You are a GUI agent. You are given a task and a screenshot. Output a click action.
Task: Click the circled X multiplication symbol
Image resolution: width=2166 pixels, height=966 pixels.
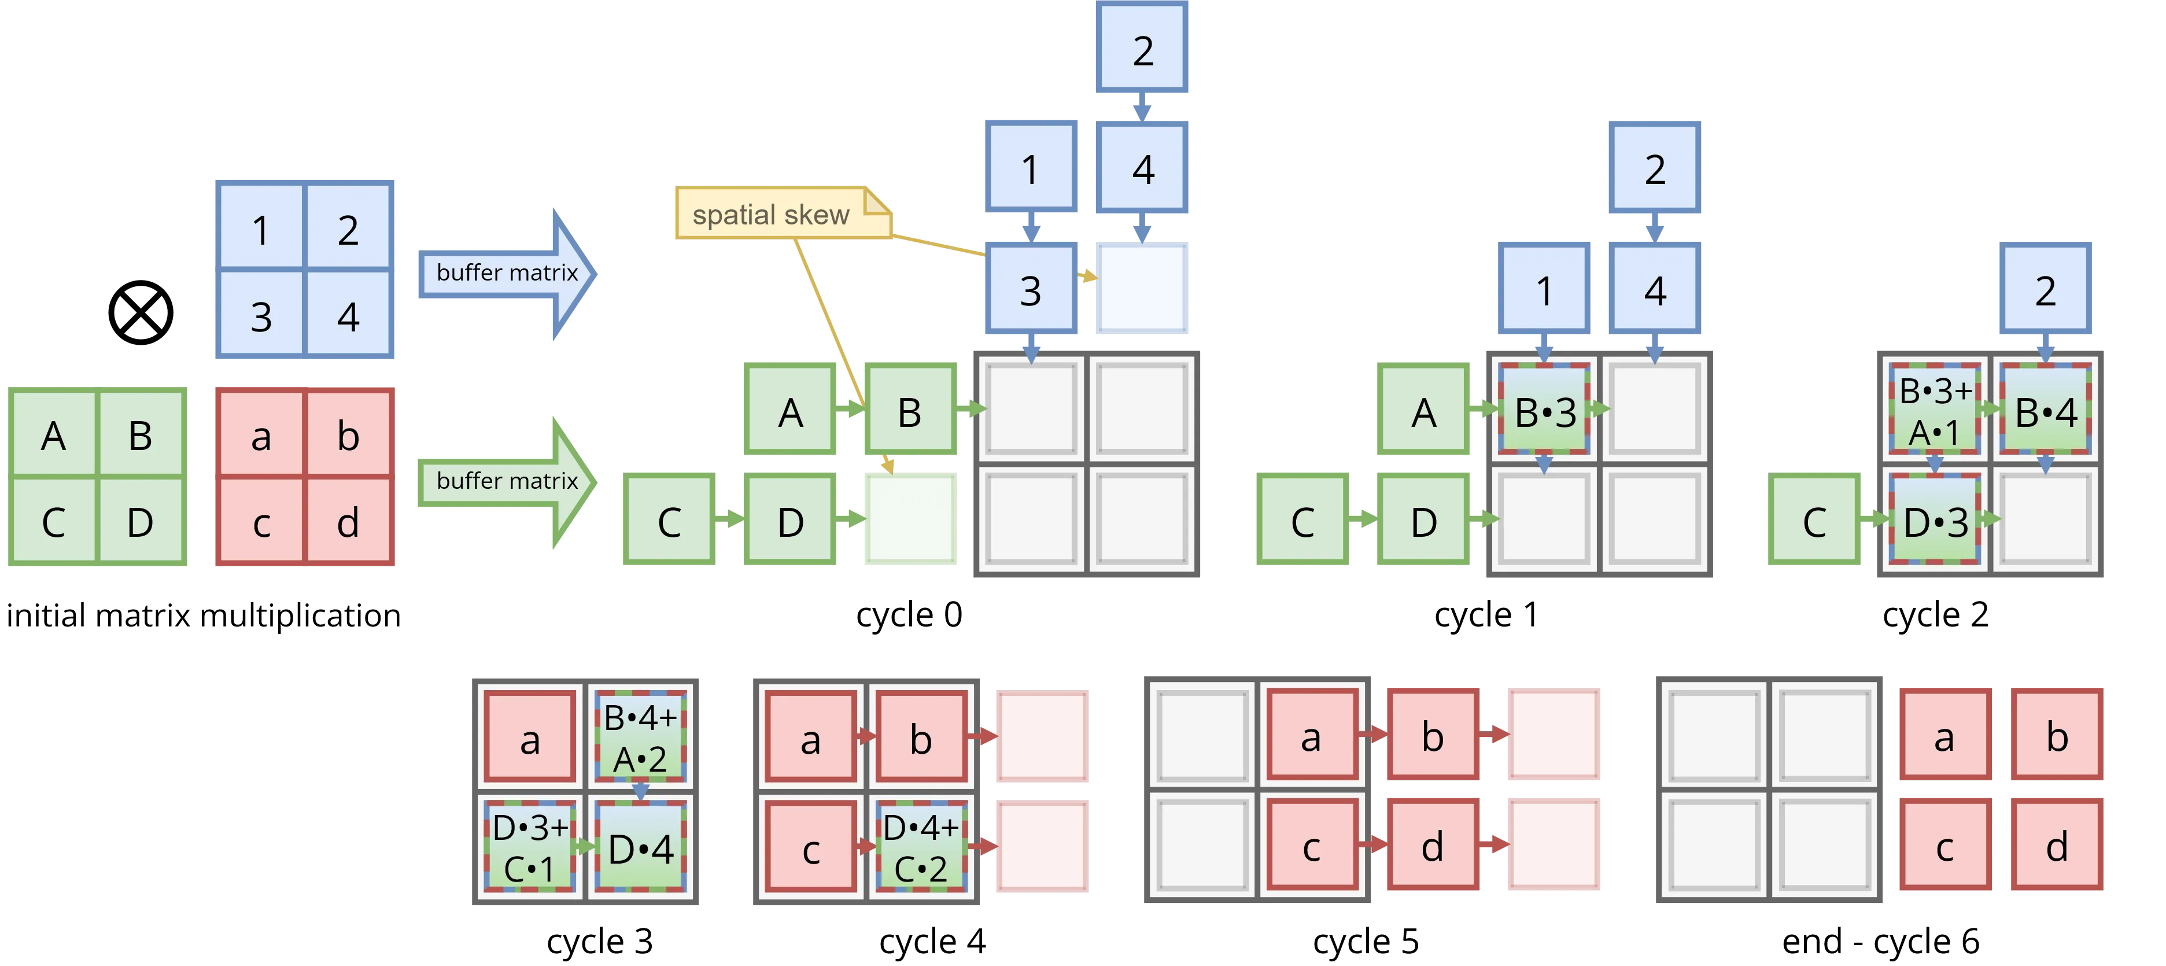(x=141, y=313)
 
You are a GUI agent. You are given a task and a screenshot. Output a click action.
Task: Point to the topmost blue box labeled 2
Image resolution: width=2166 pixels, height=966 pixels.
(x=1141, y=49)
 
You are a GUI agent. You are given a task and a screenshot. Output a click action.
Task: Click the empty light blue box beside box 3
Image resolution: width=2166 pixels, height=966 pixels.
(x=1141, y=289)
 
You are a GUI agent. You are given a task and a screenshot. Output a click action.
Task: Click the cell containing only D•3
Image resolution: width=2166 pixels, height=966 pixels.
(x=1934, y=521)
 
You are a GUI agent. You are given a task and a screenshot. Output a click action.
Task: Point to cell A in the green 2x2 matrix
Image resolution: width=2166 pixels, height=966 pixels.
(x=53, y=436)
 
